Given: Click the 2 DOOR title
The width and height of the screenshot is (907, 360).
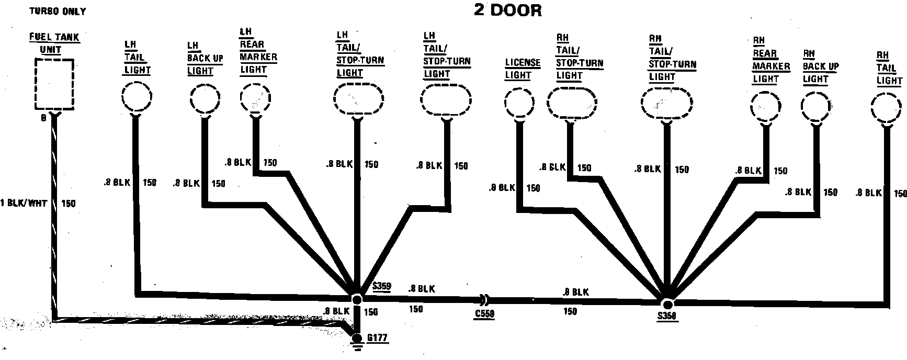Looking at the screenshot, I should pos(507,10).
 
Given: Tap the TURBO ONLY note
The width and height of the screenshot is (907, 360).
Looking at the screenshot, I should pos(58,11).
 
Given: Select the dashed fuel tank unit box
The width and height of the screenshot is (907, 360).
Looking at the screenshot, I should pos(54,84).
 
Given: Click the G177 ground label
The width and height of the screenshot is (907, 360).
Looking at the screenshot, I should pos(377,338).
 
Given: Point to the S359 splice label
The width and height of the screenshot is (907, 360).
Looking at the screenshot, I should pos(382,287).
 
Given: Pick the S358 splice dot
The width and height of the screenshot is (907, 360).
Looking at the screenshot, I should pos(667,305).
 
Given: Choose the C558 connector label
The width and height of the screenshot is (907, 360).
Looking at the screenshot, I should pos(484,314).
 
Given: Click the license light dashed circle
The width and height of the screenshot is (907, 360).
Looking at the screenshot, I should pos(519,103).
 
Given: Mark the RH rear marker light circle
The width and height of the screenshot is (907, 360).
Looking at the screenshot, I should pos(766,107).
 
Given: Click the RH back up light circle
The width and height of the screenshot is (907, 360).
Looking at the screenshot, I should pos(817,107).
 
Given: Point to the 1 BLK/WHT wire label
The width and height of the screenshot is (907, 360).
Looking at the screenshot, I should pos(24,204).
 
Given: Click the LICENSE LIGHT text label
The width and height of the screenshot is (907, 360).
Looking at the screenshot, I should pos(523,69).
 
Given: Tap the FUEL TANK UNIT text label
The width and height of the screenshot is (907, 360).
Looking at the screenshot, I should pos(54,43).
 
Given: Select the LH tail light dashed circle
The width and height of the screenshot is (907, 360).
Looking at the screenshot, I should pos(137,97).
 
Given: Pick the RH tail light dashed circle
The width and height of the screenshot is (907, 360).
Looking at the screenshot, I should pos(887,107).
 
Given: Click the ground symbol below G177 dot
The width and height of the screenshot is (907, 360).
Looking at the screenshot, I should pos(357,345).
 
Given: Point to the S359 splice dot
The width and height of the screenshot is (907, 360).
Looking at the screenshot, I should pos(357,299).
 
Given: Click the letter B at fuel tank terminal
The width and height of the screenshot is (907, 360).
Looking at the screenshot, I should pos(44,118).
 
